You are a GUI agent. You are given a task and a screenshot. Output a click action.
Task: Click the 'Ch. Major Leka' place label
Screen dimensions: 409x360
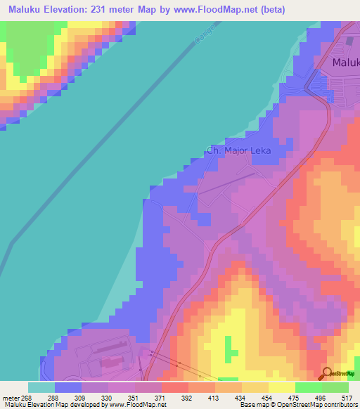pos(238,150)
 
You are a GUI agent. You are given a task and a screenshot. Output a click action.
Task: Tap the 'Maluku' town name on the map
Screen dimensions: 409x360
pos(345,63)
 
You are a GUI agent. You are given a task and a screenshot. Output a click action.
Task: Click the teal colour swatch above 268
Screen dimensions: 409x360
pos(41,387)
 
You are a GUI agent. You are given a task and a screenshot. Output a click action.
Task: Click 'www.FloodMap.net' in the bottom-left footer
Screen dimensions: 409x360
pos(131,405)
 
